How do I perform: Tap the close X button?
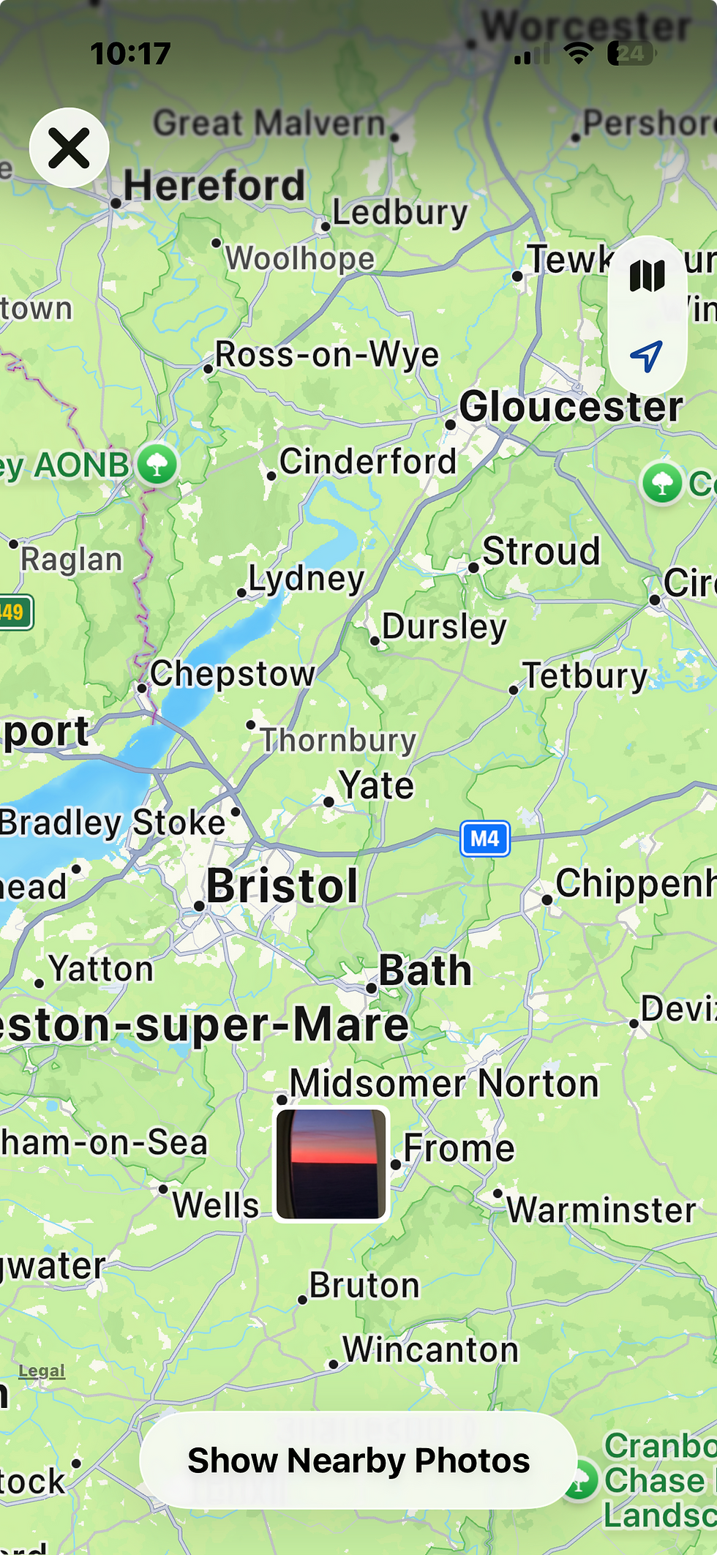70,148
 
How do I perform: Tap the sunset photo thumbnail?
331,1164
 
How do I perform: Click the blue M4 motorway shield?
484,839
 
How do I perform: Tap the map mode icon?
647,277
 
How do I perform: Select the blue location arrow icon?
647,356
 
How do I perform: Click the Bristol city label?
282,886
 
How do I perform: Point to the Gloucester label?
571,407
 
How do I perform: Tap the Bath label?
424,971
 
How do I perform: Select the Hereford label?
214,186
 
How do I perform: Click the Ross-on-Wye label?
327,355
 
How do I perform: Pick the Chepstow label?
233,674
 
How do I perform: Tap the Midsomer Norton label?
444,1084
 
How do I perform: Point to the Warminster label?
601,1210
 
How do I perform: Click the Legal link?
42,1371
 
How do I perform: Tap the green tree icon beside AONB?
157,464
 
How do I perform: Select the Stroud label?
541,552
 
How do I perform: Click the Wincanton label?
430,1350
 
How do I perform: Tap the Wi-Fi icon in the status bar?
578,53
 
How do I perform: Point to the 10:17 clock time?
130,53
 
